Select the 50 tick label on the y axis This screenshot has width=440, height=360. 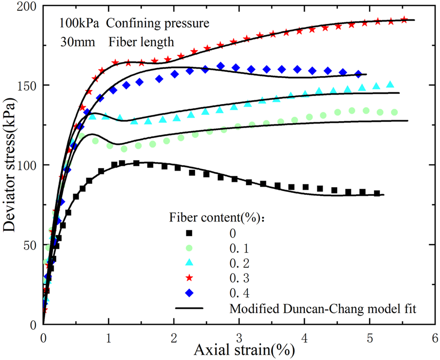click(29, 245)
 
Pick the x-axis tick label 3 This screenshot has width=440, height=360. click(239, 339)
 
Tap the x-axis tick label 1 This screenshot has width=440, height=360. click(109, 339)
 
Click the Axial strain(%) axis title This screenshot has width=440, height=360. click(238, 350)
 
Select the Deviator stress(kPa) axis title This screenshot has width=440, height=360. click(10, 165)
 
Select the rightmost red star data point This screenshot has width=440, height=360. click(404, 20)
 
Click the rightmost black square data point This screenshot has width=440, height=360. click(377, 194)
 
